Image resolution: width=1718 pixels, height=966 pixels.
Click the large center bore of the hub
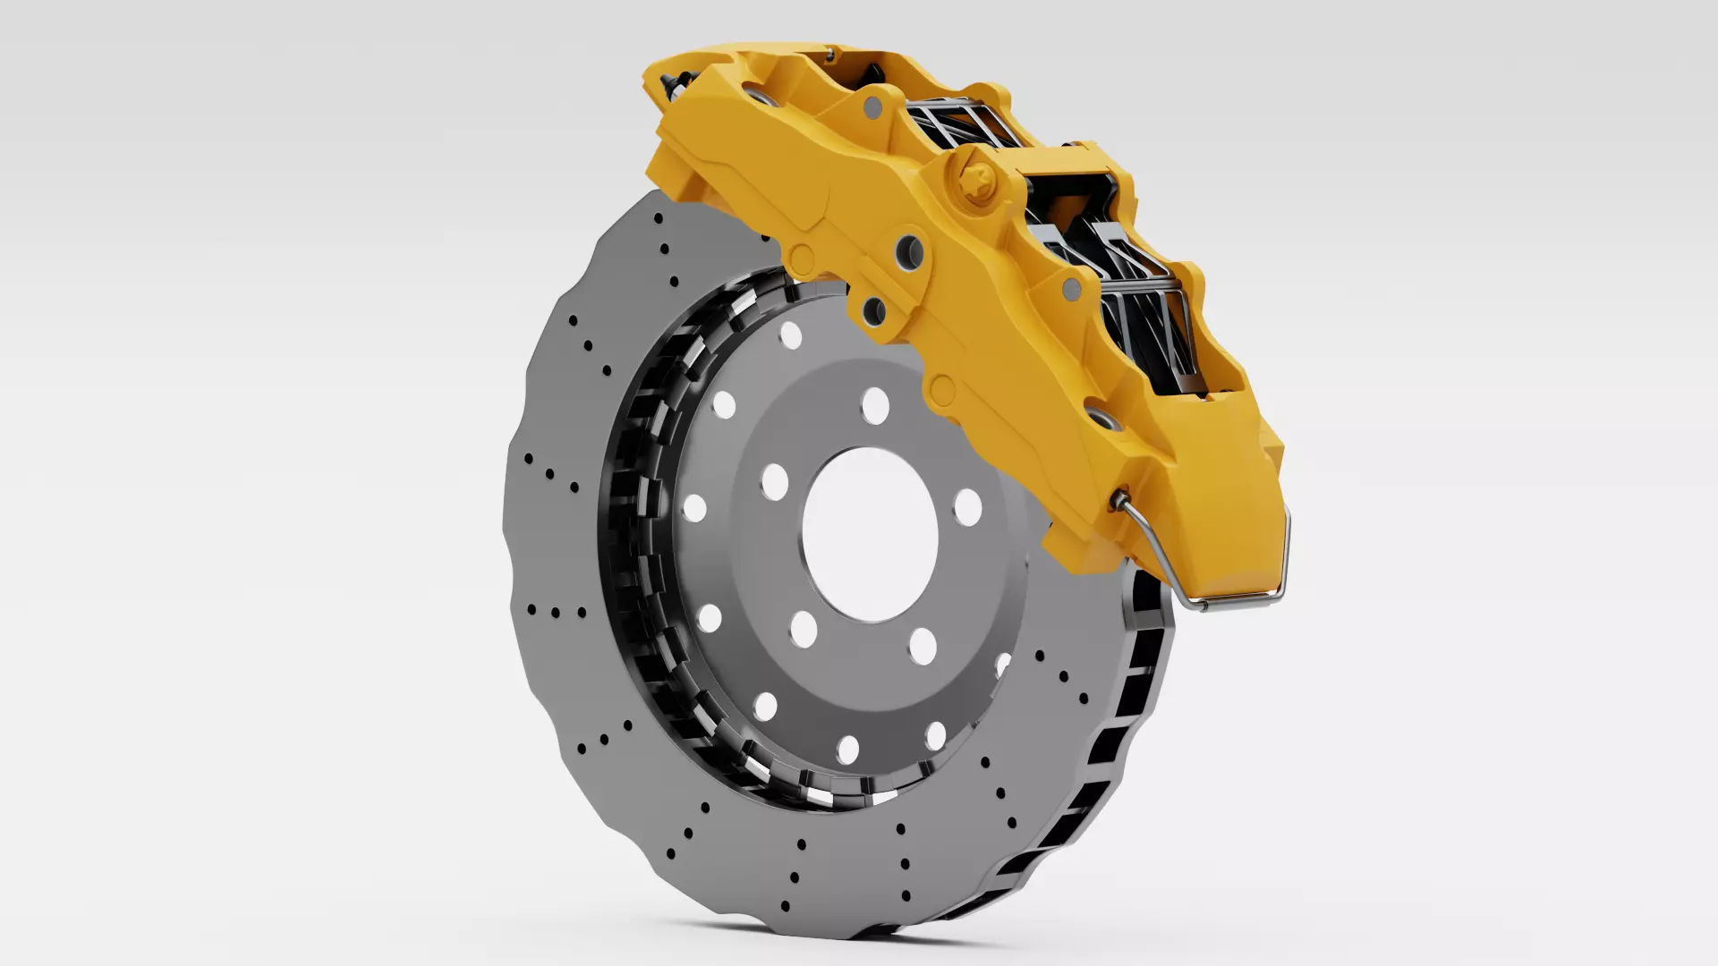click(870, 535)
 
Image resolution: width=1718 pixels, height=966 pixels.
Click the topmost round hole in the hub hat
click(790, 335)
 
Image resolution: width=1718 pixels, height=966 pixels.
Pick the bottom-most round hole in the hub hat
click(847, 750)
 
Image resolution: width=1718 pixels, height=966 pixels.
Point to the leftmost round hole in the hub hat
click(694, 508)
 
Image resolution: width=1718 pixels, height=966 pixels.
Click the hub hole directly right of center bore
click(967, 506)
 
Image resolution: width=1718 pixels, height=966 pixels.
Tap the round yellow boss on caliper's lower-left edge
click(802, 259)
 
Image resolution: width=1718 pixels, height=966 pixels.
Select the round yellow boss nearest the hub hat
click(941, 388)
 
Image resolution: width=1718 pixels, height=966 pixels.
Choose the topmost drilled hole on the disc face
click(659, 218)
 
